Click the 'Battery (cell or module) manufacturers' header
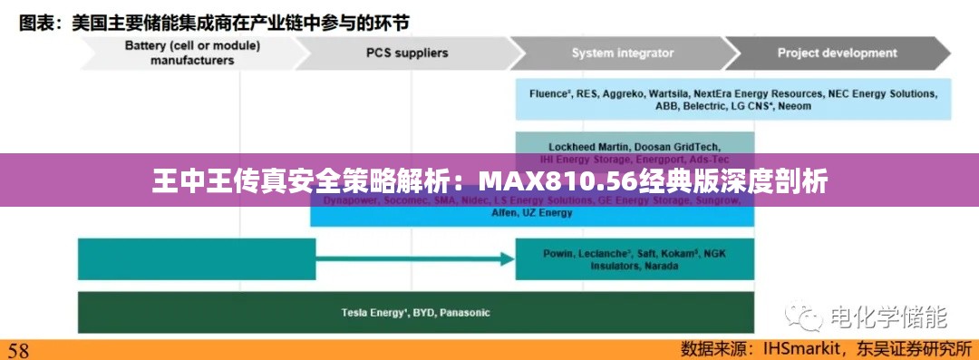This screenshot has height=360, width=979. click(191, 53)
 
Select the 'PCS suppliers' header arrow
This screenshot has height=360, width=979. click(406, 53)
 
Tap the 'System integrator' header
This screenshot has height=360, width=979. click(622, 53)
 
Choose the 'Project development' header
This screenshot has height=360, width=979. click(837, 53)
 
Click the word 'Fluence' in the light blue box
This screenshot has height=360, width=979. click(548, 93)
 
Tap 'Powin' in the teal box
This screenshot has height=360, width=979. click(558, 253)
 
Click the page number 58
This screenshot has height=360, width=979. click(19, 349)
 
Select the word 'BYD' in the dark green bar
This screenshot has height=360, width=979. click(423, 313)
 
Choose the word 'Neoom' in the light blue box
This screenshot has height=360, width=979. click(794, 106)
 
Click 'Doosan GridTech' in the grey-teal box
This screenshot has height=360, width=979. click(677, 146)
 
